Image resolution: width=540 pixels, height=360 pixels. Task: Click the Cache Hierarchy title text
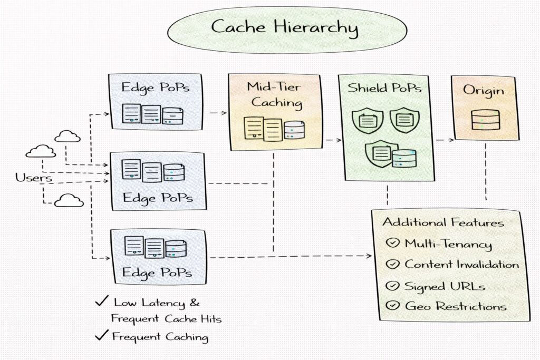[x=284, y=27]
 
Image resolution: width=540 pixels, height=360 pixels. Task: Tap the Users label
[x=34, y=178]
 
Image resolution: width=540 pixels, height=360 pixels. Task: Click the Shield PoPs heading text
[x=384, y=88]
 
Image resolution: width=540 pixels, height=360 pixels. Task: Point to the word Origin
[x=483, y=90]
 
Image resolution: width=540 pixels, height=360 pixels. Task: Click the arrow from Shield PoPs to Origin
[x=445, y=140]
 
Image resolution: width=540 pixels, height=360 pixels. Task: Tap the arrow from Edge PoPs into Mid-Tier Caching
[x=217, y=113]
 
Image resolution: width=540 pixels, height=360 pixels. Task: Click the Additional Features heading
[x=443, y=222]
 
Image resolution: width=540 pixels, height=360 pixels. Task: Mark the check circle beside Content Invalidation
[x=392, y=264]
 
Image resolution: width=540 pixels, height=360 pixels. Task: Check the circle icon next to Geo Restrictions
[x=392, y=305]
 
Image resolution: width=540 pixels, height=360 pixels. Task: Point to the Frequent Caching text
[x=160, y=336]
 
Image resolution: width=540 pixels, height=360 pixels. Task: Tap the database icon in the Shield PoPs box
[x=404, y=158]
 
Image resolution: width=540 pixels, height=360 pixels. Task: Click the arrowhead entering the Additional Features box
[x=368, y=256]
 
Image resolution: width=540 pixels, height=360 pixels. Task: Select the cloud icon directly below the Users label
[x=69, y=200]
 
